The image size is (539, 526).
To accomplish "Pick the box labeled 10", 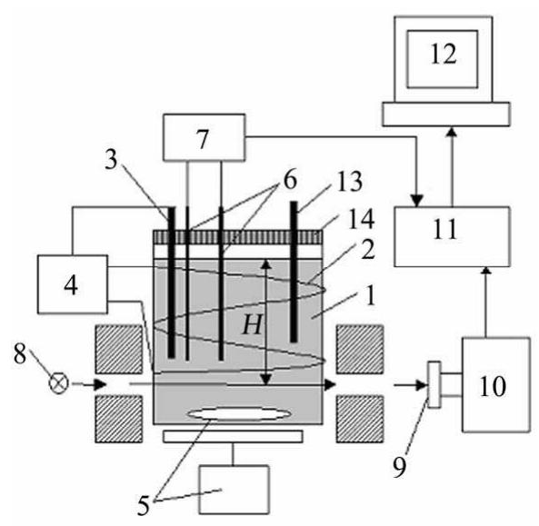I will coord(495,384).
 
